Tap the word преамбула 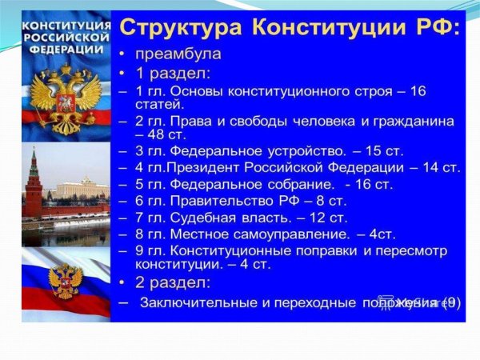coord(178,55)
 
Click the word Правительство coord(222,200)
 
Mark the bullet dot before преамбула coord(122,56)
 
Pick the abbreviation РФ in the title coord(435,29)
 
